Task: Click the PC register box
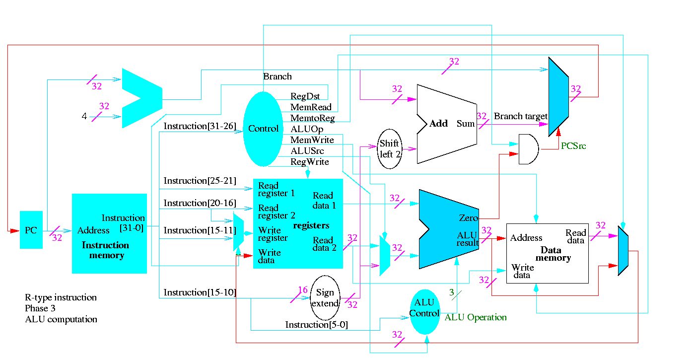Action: point(31,230)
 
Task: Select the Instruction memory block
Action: point(109,233)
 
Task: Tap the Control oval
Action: point(263,129)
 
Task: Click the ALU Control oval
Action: point(424,308)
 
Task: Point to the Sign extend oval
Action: point(325,298)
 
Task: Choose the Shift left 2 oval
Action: point(390,149)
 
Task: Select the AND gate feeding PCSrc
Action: point(528,149)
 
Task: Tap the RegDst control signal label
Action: point(305,96)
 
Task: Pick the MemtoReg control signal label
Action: point(312,118)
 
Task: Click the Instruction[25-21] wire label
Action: point(200,181)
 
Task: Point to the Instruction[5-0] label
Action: point(317,325)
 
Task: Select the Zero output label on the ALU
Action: point(468,218)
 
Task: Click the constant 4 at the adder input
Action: point(84,117)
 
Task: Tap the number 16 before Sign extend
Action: point(303,290)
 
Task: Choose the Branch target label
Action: point(520,116)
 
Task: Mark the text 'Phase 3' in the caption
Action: point(40,308)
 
